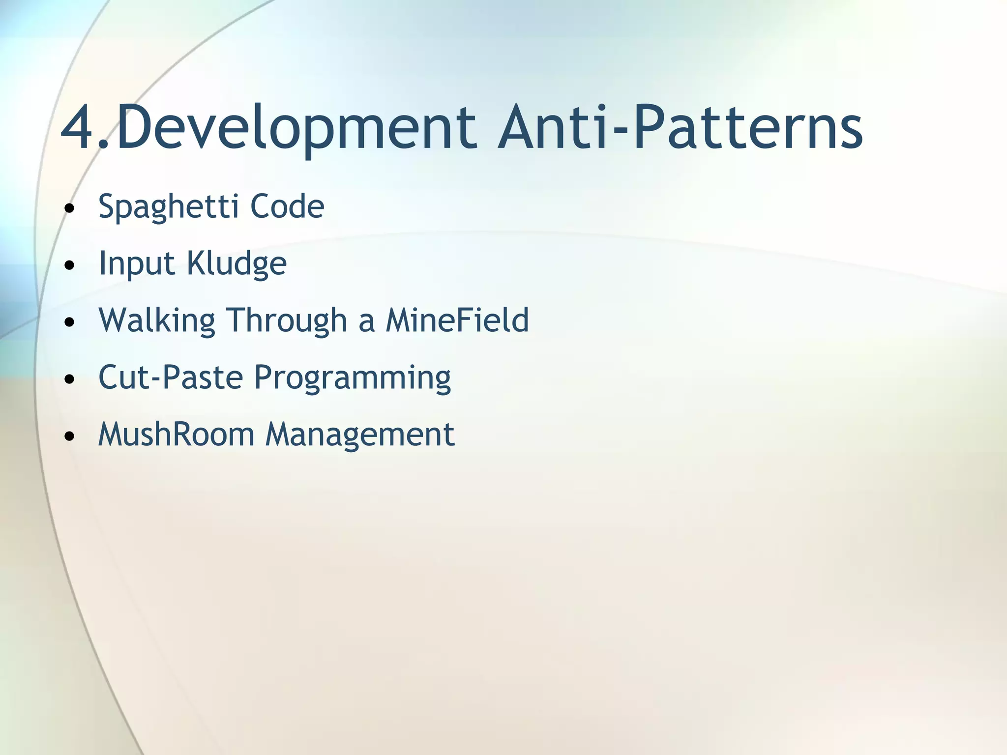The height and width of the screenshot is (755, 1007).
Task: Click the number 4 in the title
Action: (79, 129)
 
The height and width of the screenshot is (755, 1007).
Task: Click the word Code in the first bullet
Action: (287, 206)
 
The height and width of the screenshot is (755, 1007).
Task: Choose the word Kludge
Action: (237, 264)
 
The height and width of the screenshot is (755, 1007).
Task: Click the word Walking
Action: (157, 321)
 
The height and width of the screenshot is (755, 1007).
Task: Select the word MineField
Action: (457, 320)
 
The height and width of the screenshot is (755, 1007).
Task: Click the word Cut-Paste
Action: (171, 377)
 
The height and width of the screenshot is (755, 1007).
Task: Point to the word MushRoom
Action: (176, 435)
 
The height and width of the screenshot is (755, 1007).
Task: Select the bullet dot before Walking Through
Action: (70, 322)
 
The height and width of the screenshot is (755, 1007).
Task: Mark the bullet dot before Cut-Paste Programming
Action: (70, 379)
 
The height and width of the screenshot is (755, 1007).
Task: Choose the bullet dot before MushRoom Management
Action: (70, 436)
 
